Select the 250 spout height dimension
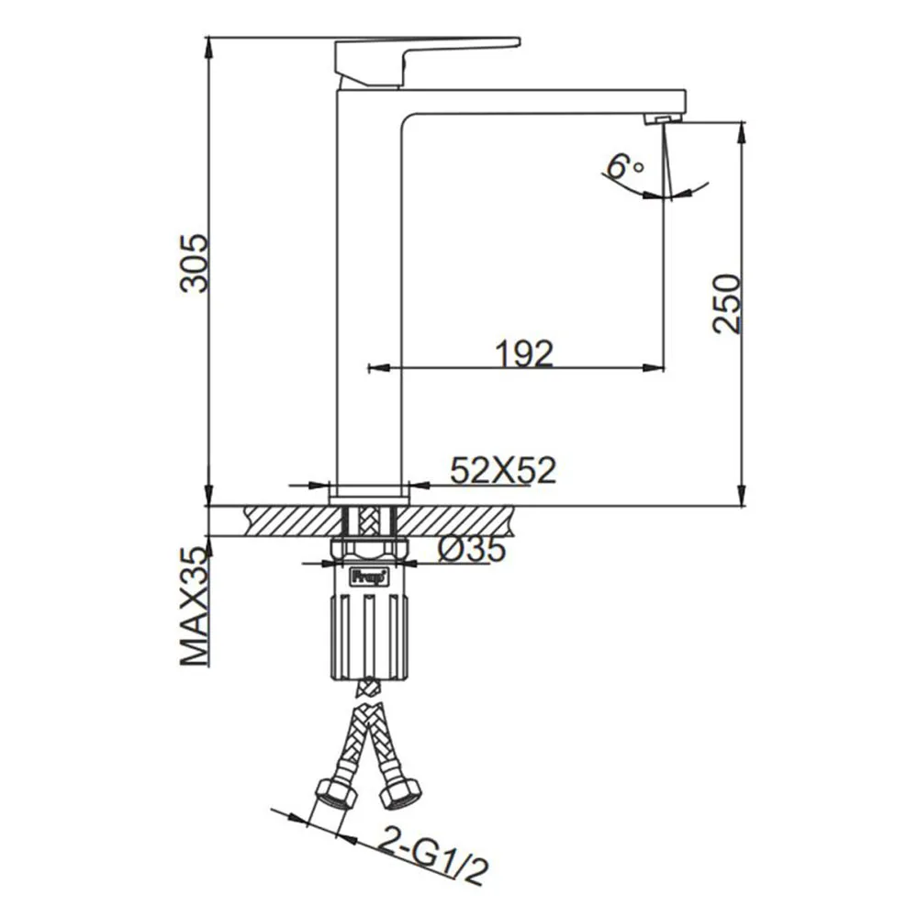pos(727,303)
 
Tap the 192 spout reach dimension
pos(524,353)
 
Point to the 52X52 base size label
pos(503,469)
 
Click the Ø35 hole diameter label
pos(471,549)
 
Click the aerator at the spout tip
pos(664,118)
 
